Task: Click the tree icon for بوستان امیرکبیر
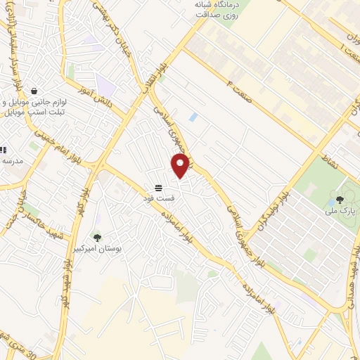97,238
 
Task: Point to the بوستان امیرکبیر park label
98,250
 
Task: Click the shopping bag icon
34,91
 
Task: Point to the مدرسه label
14,161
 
